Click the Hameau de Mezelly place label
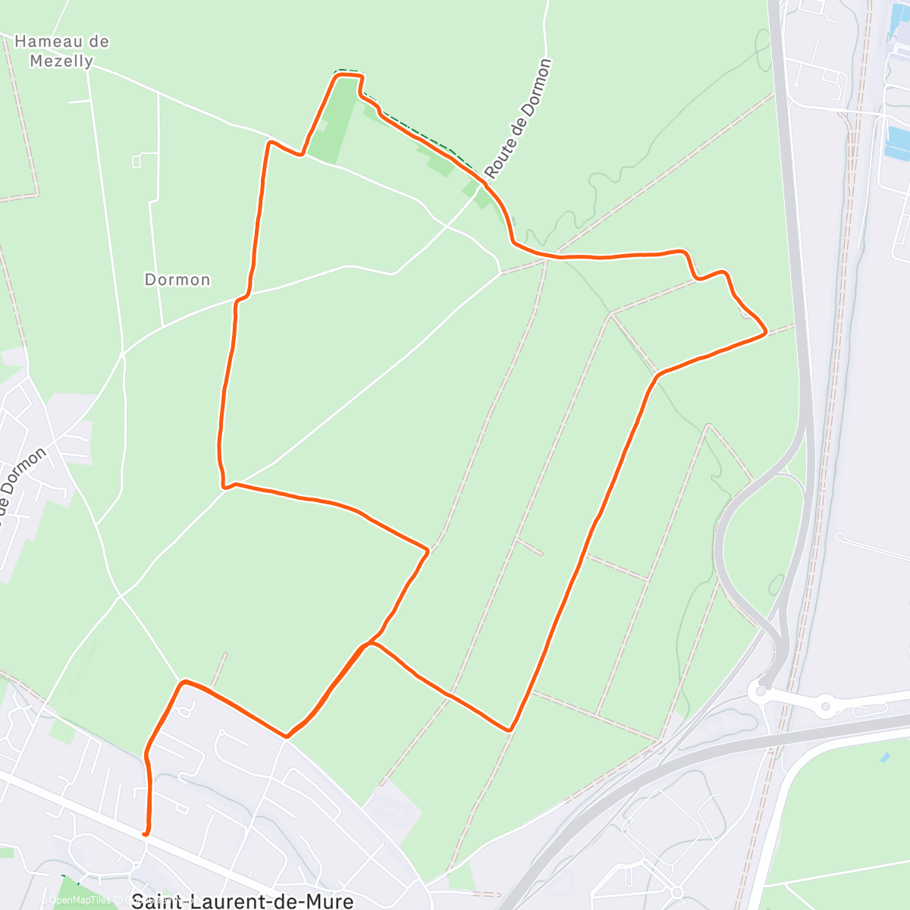click(62, 51)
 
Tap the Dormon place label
click(177, 280)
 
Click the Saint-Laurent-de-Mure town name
click(242, 901)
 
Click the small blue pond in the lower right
click(885, 758)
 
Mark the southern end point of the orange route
click(146, 833)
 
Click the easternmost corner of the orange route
click(766, 331)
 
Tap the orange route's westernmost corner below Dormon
click(224, 485)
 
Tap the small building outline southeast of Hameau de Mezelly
click(137, 160)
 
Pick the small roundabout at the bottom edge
click(676, 893)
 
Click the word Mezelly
click(62, 61)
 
